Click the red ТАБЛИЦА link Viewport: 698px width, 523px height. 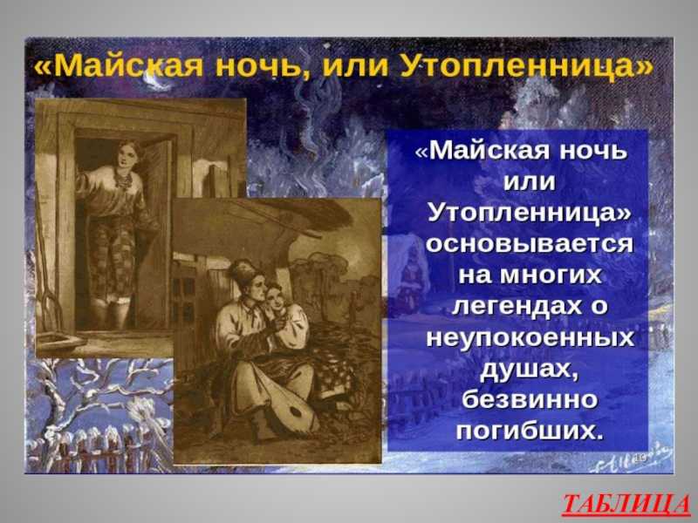626,505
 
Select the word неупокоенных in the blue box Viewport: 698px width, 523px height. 529,337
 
